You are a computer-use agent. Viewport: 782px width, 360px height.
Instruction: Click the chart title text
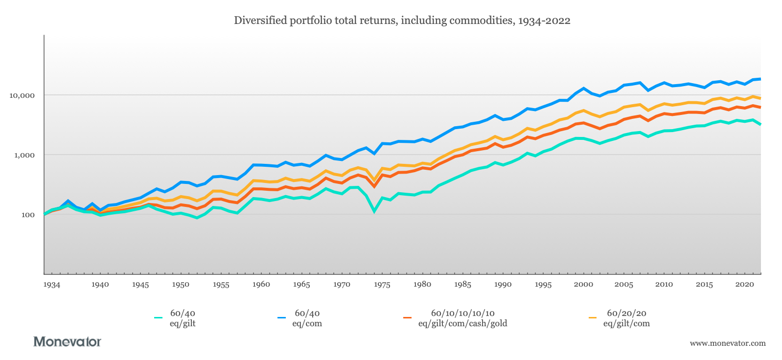(402, 21)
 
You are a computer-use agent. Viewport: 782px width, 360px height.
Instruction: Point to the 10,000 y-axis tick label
(22, 95)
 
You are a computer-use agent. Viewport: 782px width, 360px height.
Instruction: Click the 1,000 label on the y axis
(25, 155)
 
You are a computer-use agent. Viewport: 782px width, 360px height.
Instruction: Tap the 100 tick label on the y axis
(28, 215)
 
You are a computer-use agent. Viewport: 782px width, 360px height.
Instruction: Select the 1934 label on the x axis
(51, 285)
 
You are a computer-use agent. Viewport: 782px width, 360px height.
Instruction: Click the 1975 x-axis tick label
(382, 285)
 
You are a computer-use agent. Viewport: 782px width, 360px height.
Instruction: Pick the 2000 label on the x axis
(583, 285)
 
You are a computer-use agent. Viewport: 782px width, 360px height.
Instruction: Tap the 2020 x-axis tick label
(744, 285)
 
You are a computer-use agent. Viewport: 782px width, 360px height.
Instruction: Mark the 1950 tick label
(181, 285)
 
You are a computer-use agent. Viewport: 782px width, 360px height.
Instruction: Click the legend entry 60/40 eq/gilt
(183, 318)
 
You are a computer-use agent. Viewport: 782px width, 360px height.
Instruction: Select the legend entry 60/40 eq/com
(307, 318)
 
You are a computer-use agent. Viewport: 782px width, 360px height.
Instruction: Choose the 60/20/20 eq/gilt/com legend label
(626, 318)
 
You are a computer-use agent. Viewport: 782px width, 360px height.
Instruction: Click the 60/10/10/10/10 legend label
(462, 318)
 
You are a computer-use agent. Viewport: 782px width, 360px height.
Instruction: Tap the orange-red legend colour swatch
(407, 318)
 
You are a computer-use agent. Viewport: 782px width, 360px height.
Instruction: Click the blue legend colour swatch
(281, 318)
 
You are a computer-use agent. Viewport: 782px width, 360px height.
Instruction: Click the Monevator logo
(67, 341)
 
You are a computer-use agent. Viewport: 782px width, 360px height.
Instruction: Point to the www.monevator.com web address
(727, 343)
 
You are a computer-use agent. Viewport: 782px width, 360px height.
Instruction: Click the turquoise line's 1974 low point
(374, 211)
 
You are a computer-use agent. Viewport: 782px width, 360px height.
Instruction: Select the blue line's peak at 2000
(583, 89)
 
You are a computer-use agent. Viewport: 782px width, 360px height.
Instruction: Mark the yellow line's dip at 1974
(374, 180)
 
